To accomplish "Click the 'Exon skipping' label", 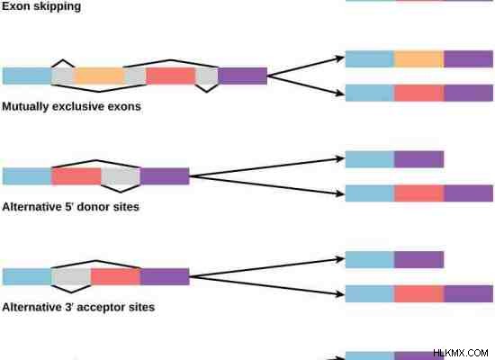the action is click(x=41, y=6).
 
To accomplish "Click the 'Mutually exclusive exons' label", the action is click(x=71, y=106).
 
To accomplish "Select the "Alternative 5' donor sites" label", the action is click(x=70, y=207).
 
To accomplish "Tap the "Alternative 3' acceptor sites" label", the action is click(x=78, y=307).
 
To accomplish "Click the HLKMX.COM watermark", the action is click(x=461, y=353).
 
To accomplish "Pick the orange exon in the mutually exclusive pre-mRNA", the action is click(x=99, y=76).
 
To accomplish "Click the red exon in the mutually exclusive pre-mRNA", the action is click(x=171, y=76).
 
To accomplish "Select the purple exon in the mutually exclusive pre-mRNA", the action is click(x=243, y=76).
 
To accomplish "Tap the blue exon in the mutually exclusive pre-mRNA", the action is click(x=27, y=76).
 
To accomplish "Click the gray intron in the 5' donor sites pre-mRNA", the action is click(x=121, y=176).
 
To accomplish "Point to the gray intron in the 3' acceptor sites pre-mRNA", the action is click(x=71, y=276).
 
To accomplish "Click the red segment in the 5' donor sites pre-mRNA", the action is click(x=76, y=176).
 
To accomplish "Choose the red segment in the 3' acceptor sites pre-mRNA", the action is click(x=115, y=276).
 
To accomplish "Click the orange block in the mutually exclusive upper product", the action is click(x=418, y=59).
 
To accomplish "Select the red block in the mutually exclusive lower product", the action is click(x=419, y=94).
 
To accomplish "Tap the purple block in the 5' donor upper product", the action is click(x=418, y=159).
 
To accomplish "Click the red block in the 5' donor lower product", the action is click(x=419, y=193).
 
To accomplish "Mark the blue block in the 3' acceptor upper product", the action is click(x=370, y=259).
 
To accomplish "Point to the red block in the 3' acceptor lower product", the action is click(x=419, y=293).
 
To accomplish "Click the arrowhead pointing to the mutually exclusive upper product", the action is click(x=340, y=58).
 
